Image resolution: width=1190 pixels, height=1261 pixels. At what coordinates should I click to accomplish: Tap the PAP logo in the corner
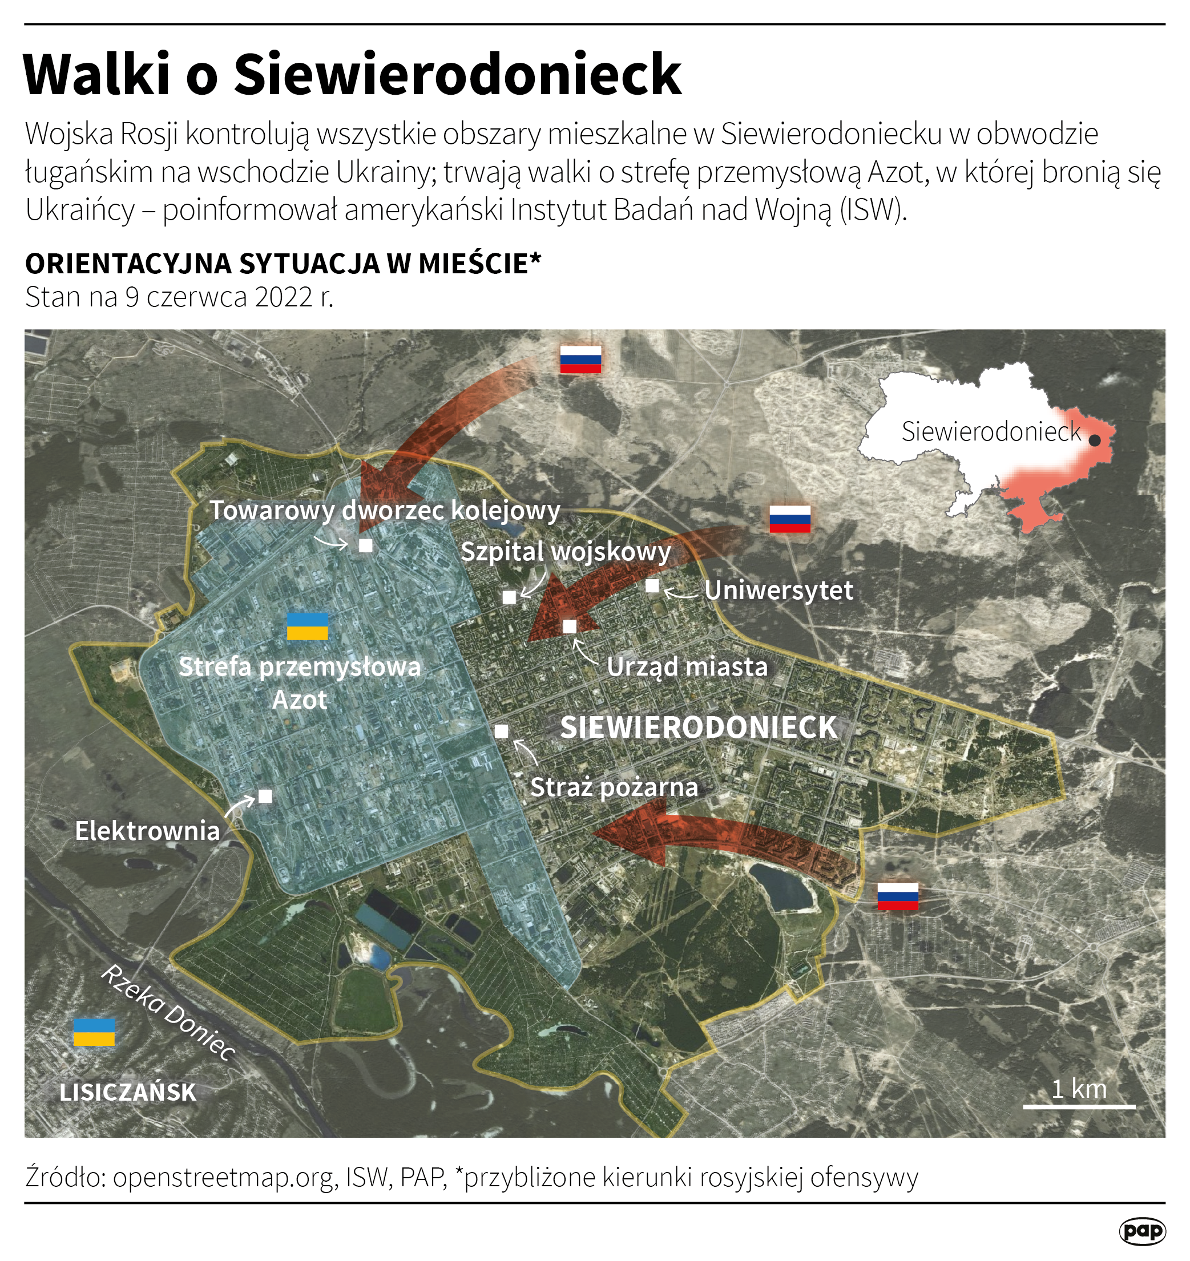(x=1143, y=1231)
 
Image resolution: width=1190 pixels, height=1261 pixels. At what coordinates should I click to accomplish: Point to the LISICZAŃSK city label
(x=128, y=1092)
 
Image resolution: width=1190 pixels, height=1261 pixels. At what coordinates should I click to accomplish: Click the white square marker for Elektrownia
(x=265, y=796)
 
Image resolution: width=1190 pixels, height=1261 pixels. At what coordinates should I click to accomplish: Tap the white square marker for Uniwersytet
(x=652, y=586)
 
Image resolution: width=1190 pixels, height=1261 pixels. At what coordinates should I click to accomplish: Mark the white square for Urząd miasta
(x=570, y=627)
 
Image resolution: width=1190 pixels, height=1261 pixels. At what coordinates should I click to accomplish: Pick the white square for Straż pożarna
(x=501, y=731)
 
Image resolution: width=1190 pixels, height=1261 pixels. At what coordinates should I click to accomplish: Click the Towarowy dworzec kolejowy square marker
(x=365, y=545)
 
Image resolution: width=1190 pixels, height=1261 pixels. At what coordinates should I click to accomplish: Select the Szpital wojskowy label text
(x=566, y=551)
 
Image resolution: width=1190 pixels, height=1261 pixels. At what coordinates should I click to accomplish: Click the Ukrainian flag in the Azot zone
(x=308, y=626)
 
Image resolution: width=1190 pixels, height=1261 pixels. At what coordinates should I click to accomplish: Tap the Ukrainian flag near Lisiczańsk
(x=94, y=1032)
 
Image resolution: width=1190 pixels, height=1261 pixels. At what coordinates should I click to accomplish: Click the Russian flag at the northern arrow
(x=580, y=359)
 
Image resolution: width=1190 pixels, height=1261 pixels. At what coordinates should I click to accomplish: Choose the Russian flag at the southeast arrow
(x=898, y=896)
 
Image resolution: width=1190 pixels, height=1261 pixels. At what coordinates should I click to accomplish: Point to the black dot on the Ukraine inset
(x=1094, y=440)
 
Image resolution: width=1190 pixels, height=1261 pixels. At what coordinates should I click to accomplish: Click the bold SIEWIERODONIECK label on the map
(x=699, y=727)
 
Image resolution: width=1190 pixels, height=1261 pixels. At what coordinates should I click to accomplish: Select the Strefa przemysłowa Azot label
(x=300, y=683)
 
